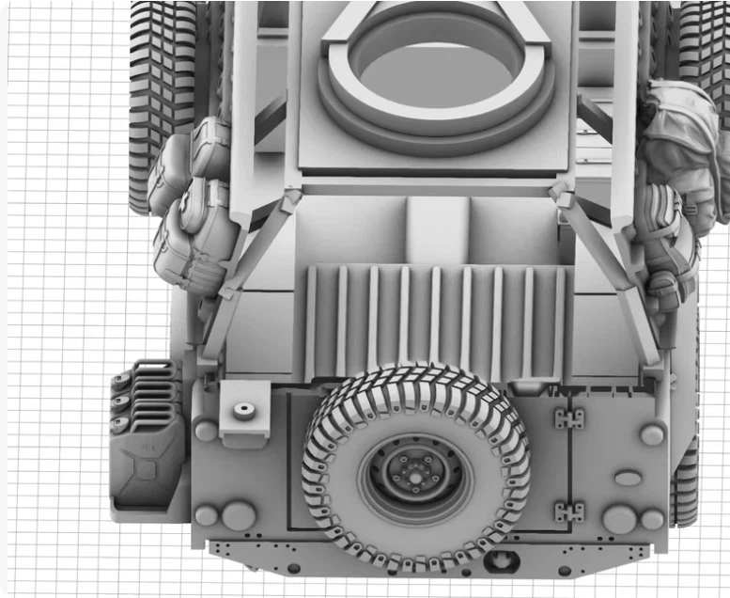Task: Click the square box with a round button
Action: pyautogui.click(x=243, y=412)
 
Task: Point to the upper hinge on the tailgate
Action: pyautogui.click(x=568, y=418)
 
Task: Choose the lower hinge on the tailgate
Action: pyautogui.click(x=568, y=512)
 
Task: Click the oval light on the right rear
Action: pyautogui.click(x=628, y=479)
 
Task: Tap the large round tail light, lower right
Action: pyautogui.click(x=619, y=518)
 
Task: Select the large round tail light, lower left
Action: pyautogui.click(x=238, y=515)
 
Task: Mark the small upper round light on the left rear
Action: pyautogui.click(x=205, y=432)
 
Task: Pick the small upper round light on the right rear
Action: pyautogui.click(x=651, y=434)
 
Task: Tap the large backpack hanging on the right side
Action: pyautogui.click(x=683, y=141)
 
